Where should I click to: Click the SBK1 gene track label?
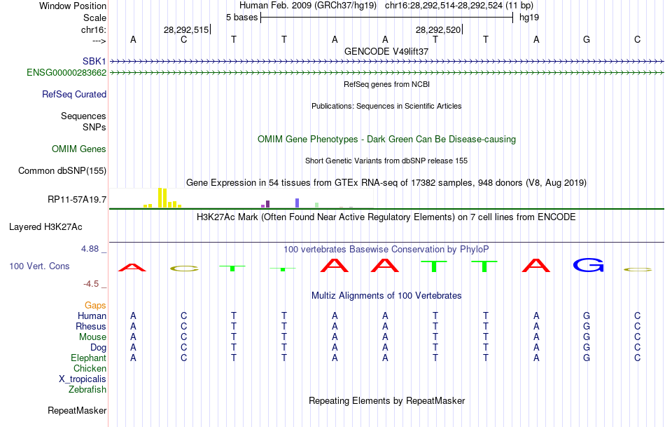[94, 61]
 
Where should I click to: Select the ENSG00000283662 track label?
[66, 72]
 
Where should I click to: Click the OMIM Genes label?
[79, 149]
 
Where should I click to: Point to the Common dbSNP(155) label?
[62, 170]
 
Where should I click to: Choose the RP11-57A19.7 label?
[77, 200]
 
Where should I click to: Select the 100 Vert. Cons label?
[39, 266]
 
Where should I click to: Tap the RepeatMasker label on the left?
[77, 410]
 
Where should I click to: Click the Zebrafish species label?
[87, 389]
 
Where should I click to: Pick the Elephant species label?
[88, 358]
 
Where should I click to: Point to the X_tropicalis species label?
[83, 379]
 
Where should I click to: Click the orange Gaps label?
[95, 305]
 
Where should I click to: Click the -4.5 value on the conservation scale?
[92, 284]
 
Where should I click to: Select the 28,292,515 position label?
[186, 30]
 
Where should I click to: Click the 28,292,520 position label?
[438, 30]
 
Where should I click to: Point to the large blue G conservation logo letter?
[587, 265]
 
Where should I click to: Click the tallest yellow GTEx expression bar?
[160, 198]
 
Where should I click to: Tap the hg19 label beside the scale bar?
[528, 16]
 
